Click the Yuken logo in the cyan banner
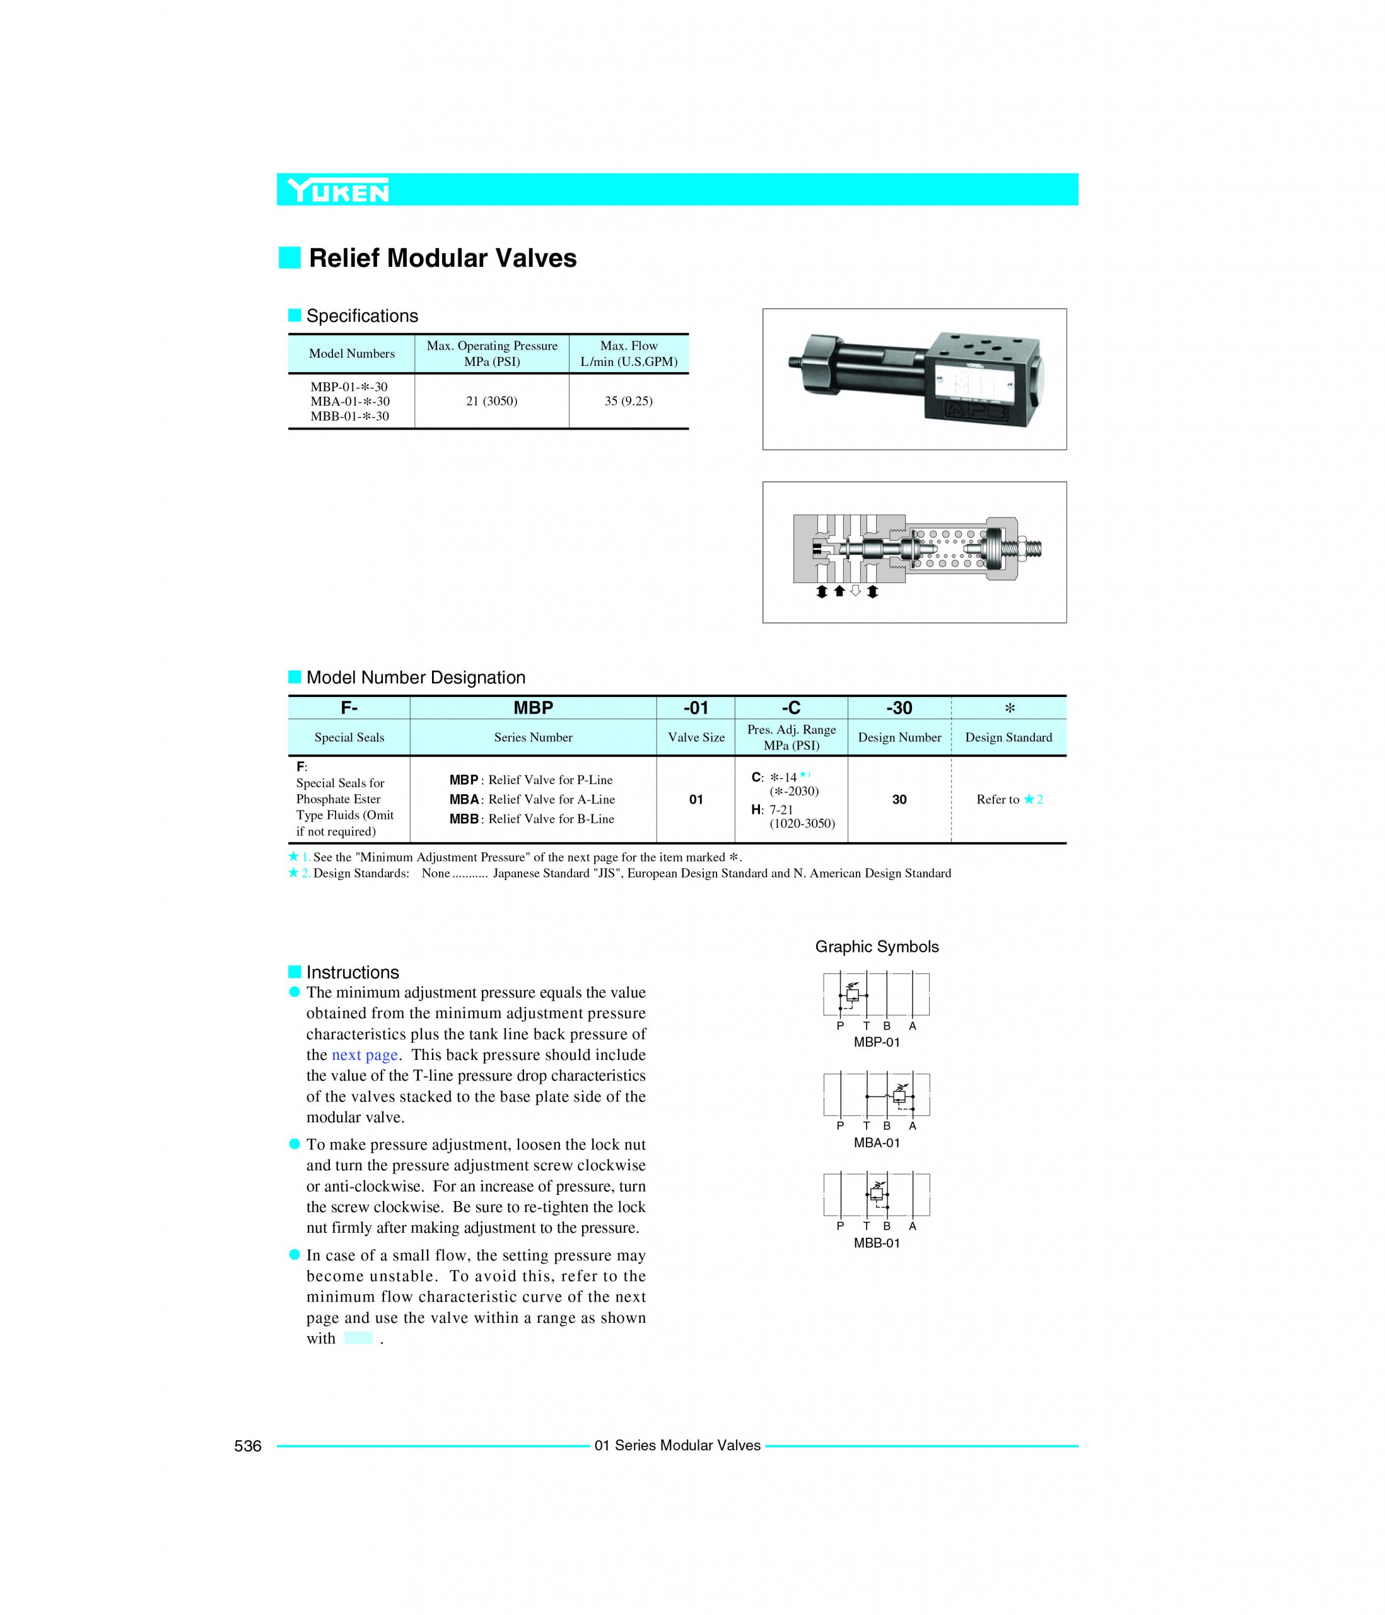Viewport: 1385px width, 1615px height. point(337,190)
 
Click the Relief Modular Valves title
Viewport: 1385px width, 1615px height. point(442,258)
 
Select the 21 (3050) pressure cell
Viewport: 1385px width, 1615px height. point(491,401)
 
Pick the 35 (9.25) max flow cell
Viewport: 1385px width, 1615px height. point(628,401)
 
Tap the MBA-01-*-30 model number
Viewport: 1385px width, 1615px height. point(350,401)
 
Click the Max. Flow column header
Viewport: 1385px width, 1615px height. point(628,353)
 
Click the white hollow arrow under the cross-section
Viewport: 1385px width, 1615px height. point(855,592)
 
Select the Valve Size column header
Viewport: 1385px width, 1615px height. point(696,737)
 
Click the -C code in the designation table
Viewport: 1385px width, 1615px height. point(790,708)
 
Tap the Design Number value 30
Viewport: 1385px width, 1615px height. point(899,800)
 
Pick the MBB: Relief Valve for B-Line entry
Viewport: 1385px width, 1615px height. point(532,819)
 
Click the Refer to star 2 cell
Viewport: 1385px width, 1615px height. point(1008,800)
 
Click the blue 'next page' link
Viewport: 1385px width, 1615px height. point(365,1055)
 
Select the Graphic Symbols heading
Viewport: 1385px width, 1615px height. point(876,947)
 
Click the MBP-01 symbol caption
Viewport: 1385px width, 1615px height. point(876,1043)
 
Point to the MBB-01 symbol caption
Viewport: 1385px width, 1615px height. point(876,1243)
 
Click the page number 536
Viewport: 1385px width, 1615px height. point(248,1446)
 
